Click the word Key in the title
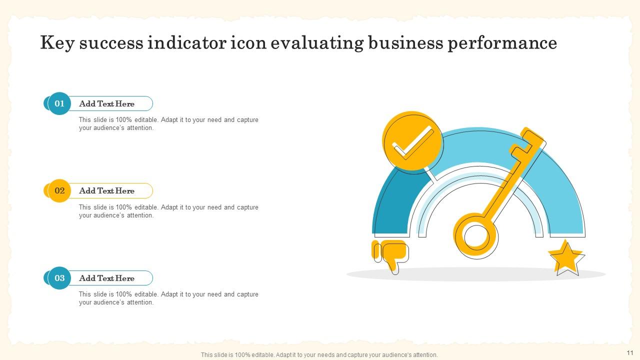[57, 43]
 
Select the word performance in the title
[502, 43]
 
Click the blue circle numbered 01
[59, 103]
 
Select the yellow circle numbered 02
[59, 190]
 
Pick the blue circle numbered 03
[59, 278]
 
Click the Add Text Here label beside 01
[106, 104]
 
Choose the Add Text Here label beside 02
[106, 191]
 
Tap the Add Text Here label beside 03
[106, 278]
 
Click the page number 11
[629, 352]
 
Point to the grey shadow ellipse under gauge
[475, 274]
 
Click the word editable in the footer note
[255, 355]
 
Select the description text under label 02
[168, 211]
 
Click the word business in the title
[405, 43]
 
